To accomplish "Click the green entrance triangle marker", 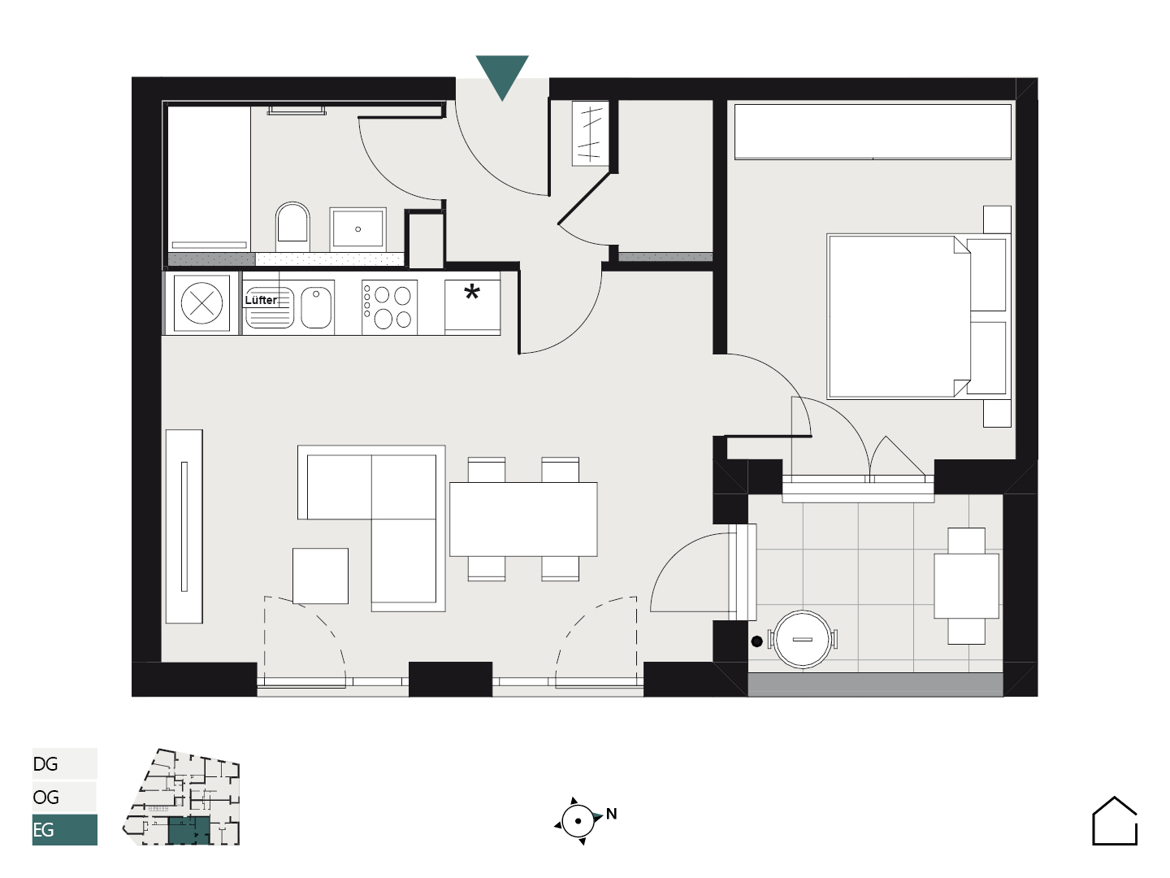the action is [x=501, y=73].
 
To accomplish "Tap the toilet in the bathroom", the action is [x=292, y=226].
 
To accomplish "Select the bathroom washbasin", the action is [x=357, y=229].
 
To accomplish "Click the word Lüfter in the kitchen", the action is [x=261, y=300].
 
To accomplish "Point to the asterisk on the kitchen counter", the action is [x=472, y=292].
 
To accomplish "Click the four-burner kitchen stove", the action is [x=389, y=307].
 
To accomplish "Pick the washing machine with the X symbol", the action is [x=201, y=303].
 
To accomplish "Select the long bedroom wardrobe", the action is [x=873, y=132].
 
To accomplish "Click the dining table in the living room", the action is [x=523, y=519].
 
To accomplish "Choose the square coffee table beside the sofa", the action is [x=320, y=576].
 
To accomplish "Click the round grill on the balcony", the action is [x=802, y=639].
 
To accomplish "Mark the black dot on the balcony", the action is [x=757, y=641].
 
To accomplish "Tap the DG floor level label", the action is [x=45, y=764].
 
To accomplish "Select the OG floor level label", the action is [x=45, y=797].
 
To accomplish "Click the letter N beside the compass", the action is [x=611, y=814].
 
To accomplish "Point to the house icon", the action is [x=1115, y=821].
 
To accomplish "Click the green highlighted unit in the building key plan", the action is [x=188, y=830].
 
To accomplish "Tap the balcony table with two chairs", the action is [x=966, y=586].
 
